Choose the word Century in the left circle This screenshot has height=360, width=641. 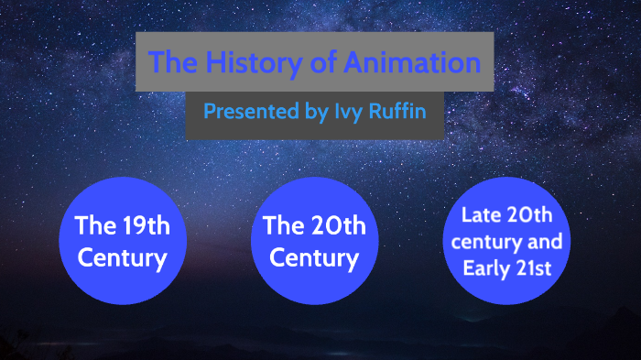[x=122, y=257]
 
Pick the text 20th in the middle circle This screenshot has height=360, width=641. [x=331, y=224]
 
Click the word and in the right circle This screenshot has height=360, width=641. [x=546, y=243]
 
